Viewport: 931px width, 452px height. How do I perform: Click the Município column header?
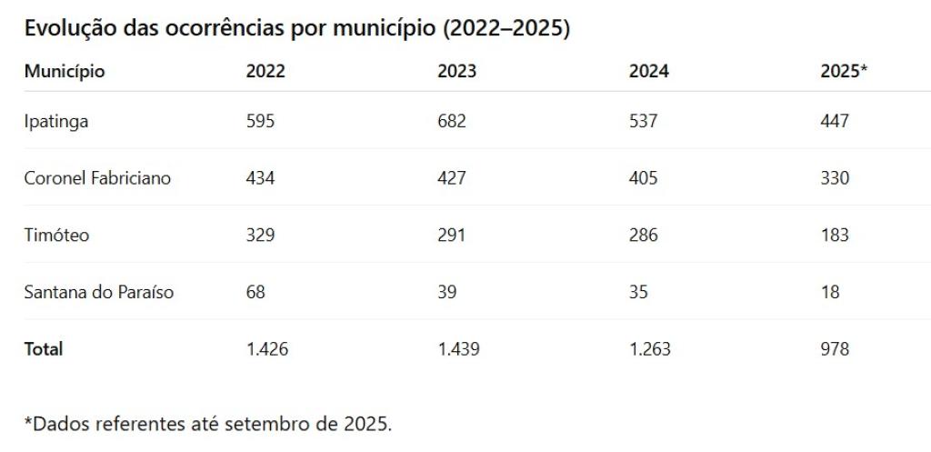[x=64, y=72]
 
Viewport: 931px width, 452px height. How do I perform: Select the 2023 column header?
[x=456, y=72]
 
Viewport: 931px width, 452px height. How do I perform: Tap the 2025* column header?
[x=844, y=72]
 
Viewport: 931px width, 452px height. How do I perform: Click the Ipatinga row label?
[x=56, y=121]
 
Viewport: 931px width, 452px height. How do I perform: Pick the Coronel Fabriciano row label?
[x=97, y=178]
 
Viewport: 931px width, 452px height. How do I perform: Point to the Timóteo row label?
[x=56, y=236]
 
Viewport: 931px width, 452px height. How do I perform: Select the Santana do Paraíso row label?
[x=99, y=293]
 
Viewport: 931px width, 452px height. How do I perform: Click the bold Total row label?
[x=44, y=349]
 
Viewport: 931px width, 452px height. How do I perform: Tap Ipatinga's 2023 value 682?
[x=452, y=121]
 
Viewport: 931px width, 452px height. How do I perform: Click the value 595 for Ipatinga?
[x=260, y=121]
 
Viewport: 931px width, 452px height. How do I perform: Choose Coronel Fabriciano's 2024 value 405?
[x=644, y=178]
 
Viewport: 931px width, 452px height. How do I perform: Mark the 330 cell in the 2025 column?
[x=835, y=178]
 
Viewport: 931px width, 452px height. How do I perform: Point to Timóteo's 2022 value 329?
[x=260, y=236]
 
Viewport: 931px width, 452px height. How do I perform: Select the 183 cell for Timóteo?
[x=835, y=236]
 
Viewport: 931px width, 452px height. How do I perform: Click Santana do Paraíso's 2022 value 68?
[x=255, y=293]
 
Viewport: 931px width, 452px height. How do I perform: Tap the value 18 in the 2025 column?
[x=830, y=293]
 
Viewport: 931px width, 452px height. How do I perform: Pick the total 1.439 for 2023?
[x=458, y=349]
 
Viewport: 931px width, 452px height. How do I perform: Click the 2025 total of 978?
[x=835, y=349]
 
